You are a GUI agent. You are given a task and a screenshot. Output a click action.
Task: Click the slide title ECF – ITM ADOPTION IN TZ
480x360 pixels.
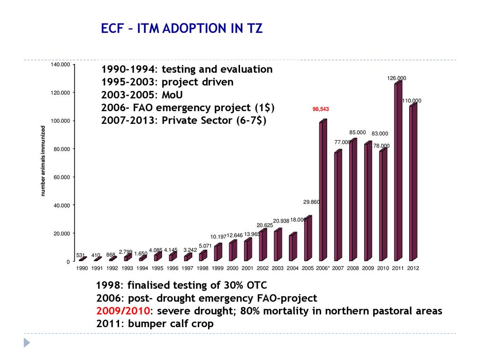182,29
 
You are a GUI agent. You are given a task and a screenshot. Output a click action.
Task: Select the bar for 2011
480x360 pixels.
398,171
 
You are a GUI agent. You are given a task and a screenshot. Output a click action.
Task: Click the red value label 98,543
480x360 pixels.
321,109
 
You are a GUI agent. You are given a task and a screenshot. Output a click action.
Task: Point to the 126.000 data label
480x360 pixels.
397,78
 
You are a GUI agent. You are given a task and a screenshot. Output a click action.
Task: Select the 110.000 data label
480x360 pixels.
412,101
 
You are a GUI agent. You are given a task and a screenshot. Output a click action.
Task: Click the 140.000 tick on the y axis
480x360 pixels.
60,65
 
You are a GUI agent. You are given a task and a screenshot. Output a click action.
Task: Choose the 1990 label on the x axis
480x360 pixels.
82,269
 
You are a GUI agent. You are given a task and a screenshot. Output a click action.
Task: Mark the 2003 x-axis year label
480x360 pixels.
277,269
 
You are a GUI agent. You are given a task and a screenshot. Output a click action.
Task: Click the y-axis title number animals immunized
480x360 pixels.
43,161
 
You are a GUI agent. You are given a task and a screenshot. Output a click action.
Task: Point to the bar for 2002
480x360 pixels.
263,244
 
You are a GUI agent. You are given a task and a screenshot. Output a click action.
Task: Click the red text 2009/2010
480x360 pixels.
123,311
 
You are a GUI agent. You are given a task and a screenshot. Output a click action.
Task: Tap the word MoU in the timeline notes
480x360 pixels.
173,95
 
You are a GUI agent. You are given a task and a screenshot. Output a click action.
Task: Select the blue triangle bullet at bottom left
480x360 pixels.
27,343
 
